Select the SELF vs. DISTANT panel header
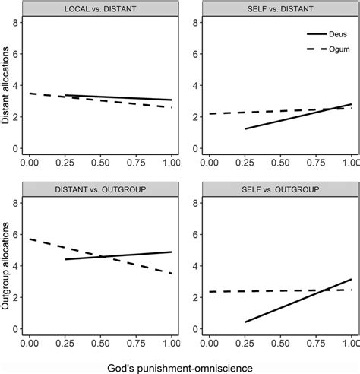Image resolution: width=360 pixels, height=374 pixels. [x=279, y=9]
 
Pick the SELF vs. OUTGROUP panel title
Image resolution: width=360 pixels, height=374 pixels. [x=279, y=189]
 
